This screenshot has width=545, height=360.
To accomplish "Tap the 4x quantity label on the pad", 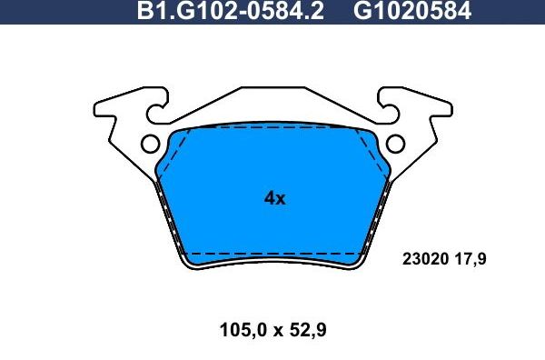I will (274, 198).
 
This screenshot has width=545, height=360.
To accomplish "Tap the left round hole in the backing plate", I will (150, 144).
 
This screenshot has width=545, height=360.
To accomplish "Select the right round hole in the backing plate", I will (396, 144).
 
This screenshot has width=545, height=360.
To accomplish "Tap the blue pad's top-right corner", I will (371, 134).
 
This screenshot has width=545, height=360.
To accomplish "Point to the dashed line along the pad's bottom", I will (272, 250).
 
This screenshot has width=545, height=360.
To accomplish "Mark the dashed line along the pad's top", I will (272, 130).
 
